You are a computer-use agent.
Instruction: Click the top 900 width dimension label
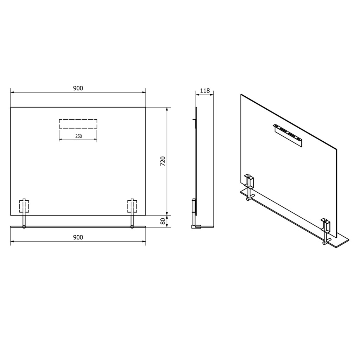click(x=78, y=88)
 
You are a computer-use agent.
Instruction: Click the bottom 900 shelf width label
click(x=78, y=237)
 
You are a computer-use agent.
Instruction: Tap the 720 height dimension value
click(x=163, y=161)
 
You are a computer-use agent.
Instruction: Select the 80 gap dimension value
click(x=163, y=221)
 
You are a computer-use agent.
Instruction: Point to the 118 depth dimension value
click(x=205, y=91)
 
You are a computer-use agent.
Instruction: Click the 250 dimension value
click(x=78, y=136)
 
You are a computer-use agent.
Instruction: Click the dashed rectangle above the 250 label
click(x=78, y=124)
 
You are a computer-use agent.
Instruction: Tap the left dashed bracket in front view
click(x=24, y=206)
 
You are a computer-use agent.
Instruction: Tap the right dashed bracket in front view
click(x=132, y=206)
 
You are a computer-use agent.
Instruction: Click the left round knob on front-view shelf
click(x=24, y=227)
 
